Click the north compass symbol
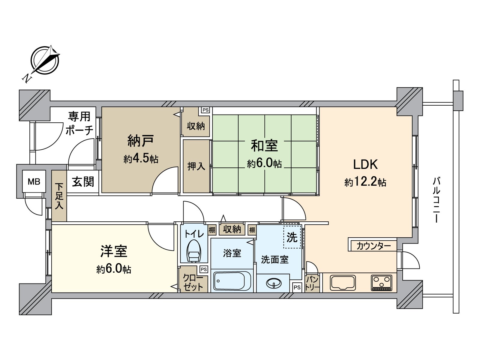click(45, 61)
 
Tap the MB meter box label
click(34, 181)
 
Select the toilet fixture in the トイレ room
click(194, 251)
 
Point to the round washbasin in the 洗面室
click(274, 283)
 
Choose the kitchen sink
click(343, 283)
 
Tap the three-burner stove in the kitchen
click(381, 283)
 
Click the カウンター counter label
click(374, 246)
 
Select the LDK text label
click(365, 164)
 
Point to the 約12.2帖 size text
click(365, 182)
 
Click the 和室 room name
click(264, 145)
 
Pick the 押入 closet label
click(196, 166)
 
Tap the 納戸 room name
click(141, 141)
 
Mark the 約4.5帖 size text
click(141, 159)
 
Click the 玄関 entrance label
click(83, 181)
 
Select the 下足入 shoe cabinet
click(59, 196)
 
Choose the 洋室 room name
click(114, 251)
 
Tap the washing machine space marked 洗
click(292, 237)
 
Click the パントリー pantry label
click(312, 283)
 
